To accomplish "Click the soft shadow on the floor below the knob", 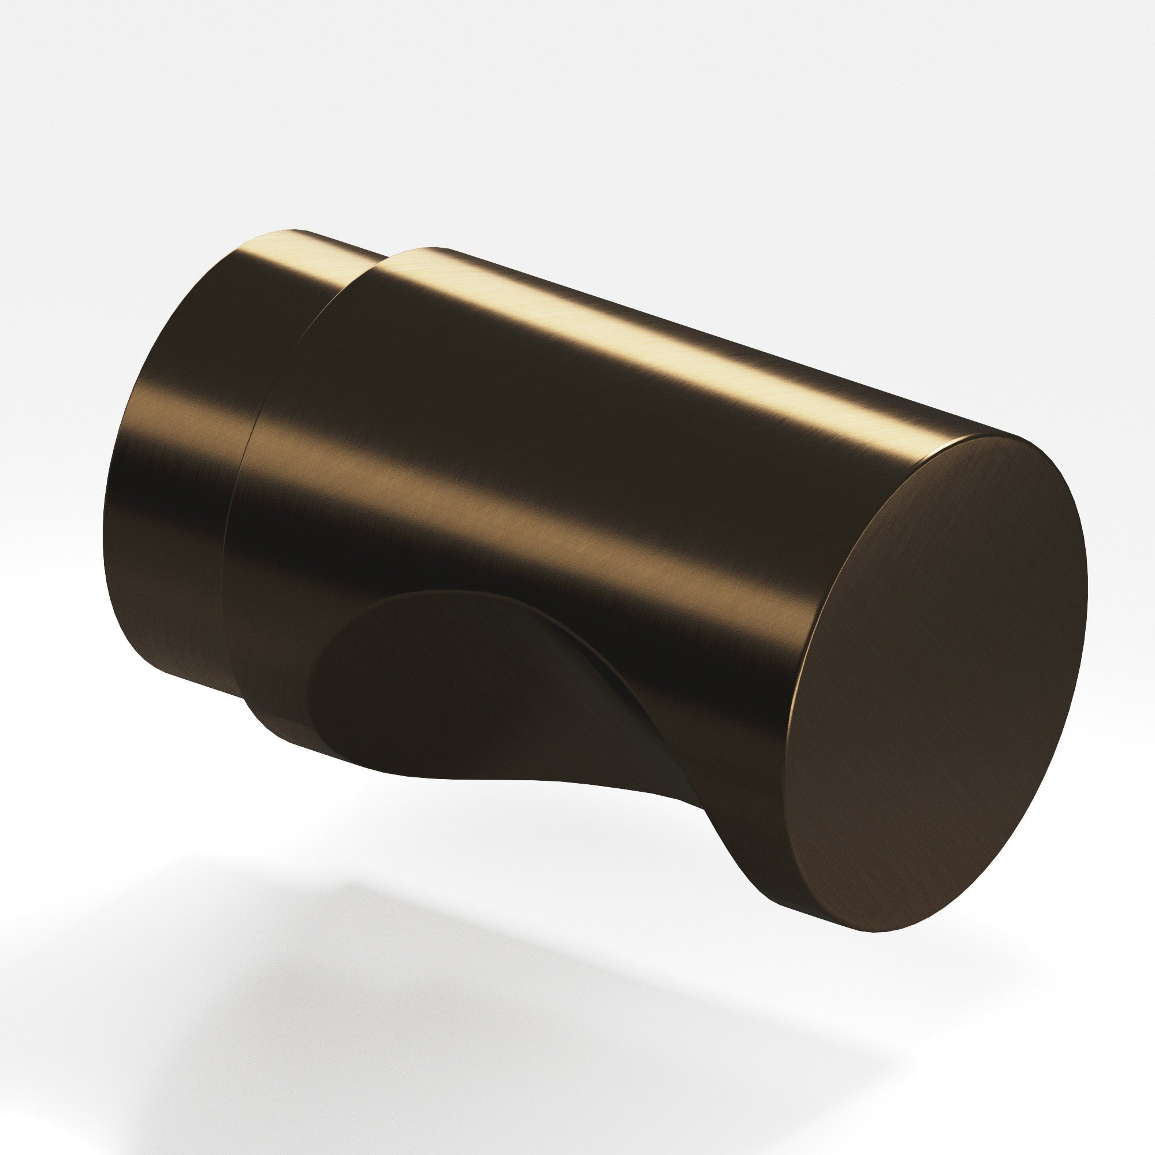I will tap(478, 986).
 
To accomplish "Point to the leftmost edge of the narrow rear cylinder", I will tap(105, 514).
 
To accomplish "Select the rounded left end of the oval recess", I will tap(317, 687).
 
